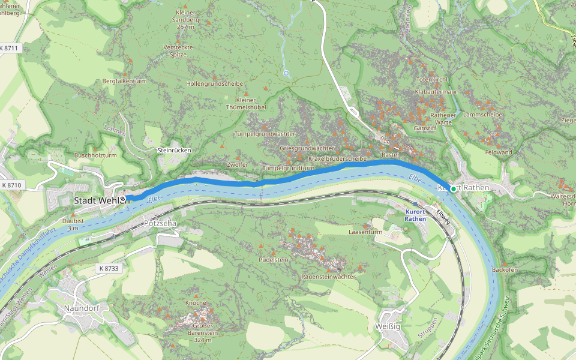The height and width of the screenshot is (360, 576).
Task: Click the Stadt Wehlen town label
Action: tap(96, 200)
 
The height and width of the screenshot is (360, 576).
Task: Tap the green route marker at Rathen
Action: tap(453, 189)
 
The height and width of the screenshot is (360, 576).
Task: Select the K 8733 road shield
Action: tap(109, 268)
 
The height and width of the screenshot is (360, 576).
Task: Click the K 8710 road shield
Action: tap(11, 185)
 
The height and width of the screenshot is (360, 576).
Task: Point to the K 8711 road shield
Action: tap(11, 47)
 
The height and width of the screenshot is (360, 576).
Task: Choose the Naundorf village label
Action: tap(81, 308)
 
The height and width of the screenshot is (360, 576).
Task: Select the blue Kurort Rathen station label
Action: tap(415, 215)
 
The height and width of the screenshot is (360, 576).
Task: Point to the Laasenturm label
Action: tap(365, 232)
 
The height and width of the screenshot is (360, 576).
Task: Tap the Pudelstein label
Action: tap(274, 260)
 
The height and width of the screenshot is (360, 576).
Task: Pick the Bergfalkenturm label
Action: tap(124, 81)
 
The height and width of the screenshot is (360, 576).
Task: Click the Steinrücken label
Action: tap(173, 150)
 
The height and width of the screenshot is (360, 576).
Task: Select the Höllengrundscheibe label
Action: tap(214, 83)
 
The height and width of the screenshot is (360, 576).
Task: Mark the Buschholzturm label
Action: tap(95, 155)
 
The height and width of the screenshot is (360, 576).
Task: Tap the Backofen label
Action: tap(505, 270)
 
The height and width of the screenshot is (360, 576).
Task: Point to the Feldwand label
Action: tap(499, 152)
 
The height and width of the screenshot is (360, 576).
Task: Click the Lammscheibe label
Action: tap(483, 114)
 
